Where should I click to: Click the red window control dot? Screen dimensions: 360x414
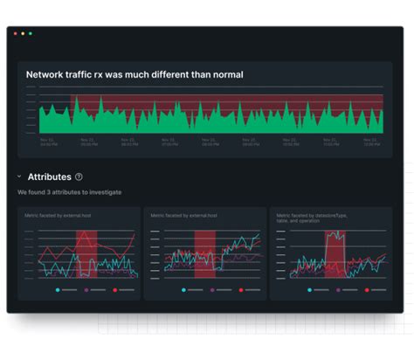(14, 33)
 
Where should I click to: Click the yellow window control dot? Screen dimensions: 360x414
(22, 33)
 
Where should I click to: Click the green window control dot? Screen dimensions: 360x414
(30, 33)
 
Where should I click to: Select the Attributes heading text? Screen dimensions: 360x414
(50, 177)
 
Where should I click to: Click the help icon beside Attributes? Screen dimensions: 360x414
(79, 177)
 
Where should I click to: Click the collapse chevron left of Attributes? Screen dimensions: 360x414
(19, 177)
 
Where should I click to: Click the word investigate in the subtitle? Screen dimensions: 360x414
(104, 192)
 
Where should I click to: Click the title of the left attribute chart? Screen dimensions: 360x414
(57, 214)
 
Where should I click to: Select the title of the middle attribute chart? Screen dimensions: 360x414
(183, 214)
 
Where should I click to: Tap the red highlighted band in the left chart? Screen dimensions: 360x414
(86, 253)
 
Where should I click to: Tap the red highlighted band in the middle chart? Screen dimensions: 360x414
(204, 253)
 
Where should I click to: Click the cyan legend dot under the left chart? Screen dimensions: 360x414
(58, 289)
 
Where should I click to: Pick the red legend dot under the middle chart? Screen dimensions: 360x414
(241, 289)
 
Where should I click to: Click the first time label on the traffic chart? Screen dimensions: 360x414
(48, 141)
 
